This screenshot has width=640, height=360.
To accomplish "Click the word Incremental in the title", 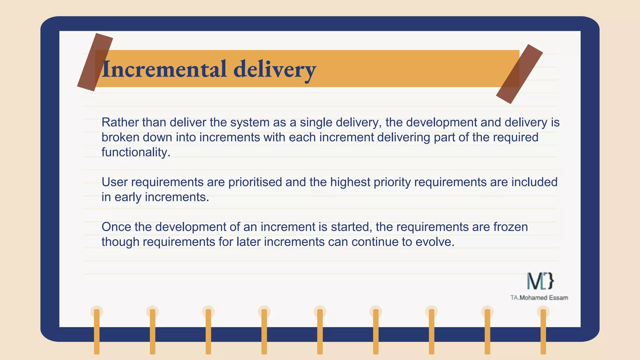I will [164, 69].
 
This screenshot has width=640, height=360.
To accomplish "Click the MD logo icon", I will [540, 281].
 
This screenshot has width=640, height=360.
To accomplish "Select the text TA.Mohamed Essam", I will [539, 298].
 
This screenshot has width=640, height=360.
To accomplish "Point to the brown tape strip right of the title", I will [519, 74].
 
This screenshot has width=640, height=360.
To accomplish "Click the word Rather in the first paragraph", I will [120, 122].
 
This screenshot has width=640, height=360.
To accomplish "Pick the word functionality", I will [136, 152].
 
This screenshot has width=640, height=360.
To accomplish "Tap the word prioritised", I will [255, 182].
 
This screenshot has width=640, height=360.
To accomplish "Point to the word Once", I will [116, 227].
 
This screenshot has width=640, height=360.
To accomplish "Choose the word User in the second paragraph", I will [114, 182].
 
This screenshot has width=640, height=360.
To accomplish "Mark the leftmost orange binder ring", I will [97, 331].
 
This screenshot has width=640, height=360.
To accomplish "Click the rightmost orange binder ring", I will [543, 331].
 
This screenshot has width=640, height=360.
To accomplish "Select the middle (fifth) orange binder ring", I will [320, 331].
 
